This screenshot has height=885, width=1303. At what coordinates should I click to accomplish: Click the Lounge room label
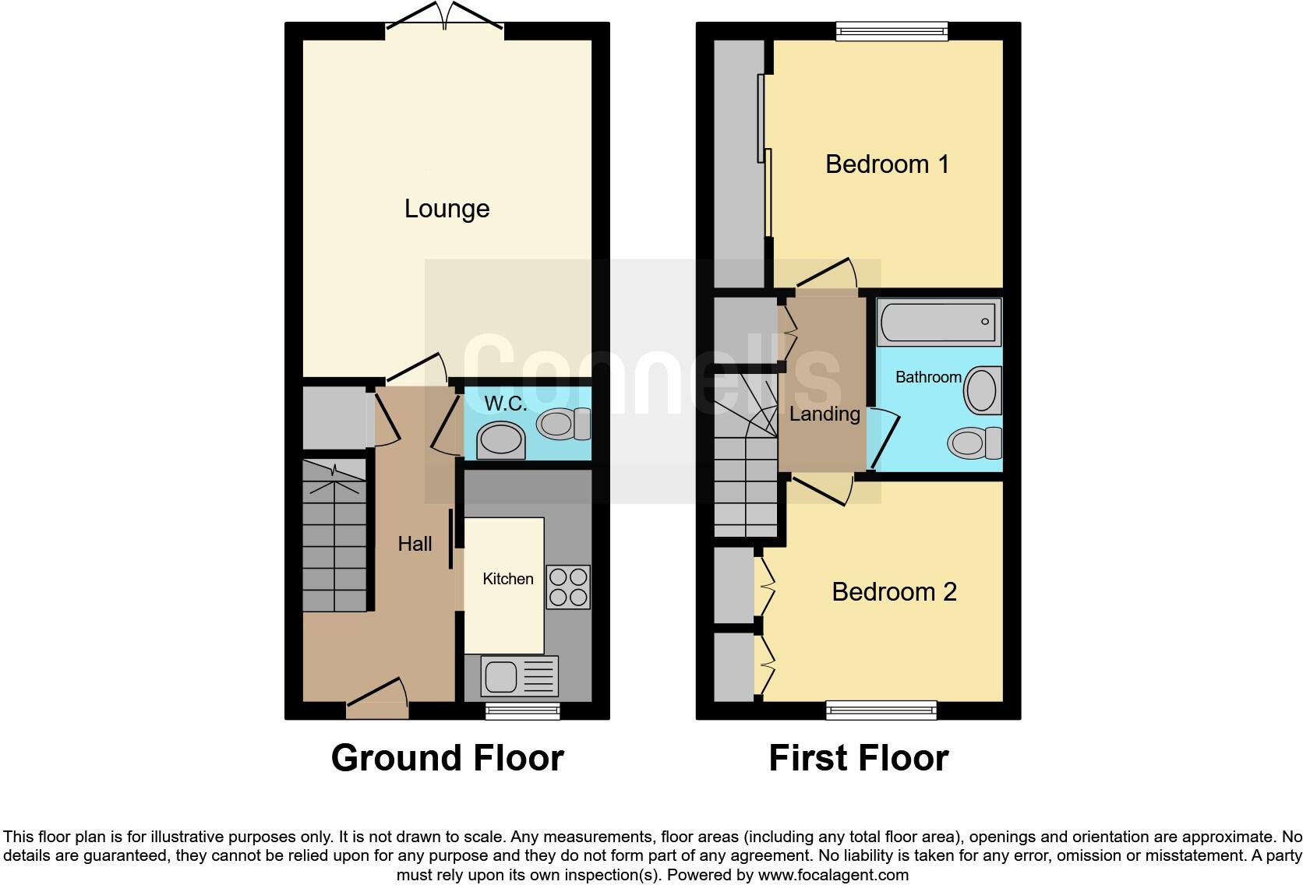click(x=447, y=209)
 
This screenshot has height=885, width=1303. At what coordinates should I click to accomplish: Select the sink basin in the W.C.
click(x=500, y=440)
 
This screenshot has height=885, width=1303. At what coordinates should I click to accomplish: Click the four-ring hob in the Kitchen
click(x=568, y=587)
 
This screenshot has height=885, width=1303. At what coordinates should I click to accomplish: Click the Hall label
click(x=415, y=544)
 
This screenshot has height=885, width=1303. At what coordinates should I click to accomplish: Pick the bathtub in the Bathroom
click(x=938, y=322)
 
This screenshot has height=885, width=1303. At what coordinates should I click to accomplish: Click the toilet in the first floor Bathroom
click(x=974, y=444)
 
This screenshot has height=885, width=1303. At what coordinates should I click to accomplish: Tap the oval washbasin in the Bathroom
click(x=982, y=390)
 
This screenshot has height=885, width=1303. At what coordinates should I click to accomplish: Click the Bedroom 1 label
click(x=887, y=164)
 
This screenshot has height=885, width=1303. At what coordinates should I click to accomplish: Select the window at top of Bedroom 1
click(x=892, y=31)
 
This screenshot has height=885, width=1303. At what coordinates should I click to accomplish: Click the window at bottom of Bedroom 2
click(x=881, y=710)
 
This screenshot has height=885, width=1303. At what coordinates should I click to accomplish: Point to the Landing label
click(x=824, y=414)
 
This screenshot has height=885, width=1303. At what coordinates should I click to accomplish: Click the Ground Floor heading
click(x=447, y=758)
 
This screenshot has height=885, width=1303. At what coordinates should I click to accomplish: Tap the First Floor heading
click(x=858, y=758)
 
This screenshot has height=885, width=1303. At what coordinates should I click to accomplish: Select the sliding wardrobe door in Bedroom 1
click(x=764, y=156)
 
